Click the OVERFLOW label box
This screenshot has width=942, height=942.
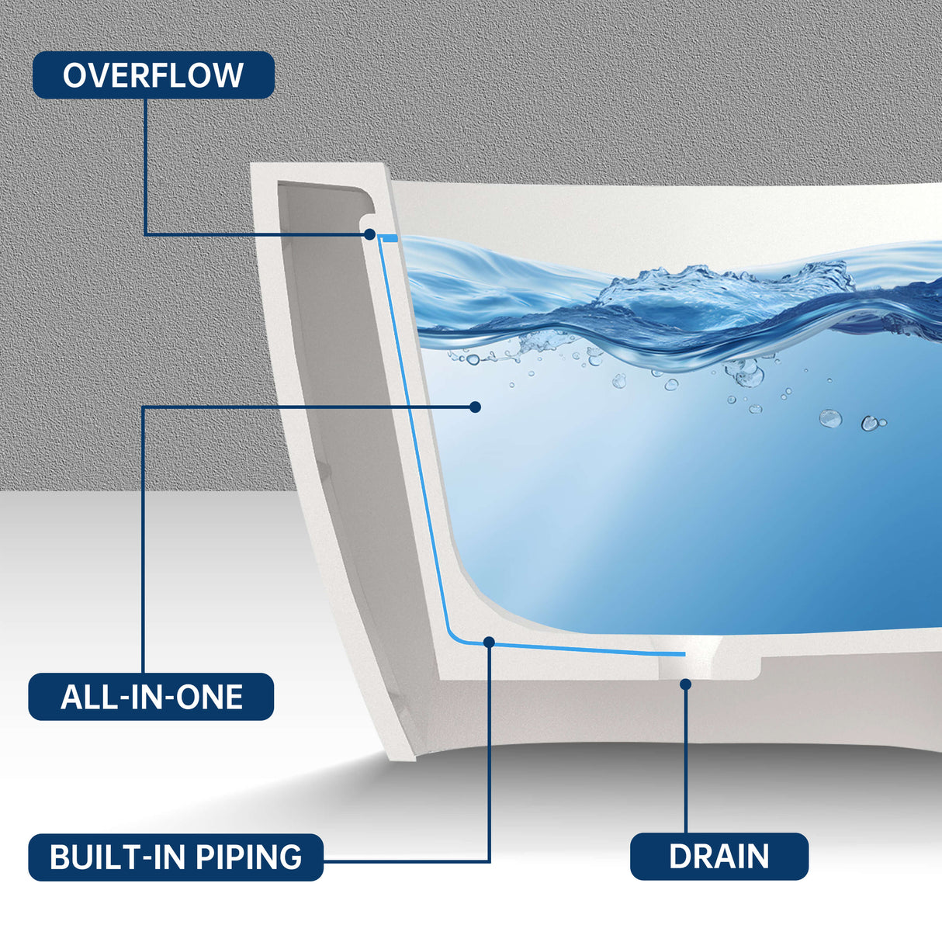pyautogui.click(x=153, y=75)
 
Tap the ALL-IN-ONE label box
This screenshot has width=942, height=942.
pyautogui.click(x=151, y=697)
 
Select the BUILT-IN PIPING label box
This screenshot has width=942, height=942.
pyautogui.click(x=175, y=857)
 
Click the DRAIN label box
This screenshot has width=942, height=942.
pyautogui.click(x=719, y=857)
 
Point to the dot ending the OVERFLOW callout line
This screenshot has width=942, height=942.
pyautogui.click(x=370, y=234)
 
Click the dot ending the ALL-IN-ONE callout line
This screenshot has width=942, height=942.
pyautogui.click(x=476, y=407)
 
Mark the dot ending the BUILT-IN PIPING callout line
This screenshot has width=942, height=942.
pyautogui.click(x=489, y=642)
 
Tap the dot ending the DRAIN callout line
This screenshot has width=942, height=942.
pyautogui.click(x=685, y=684)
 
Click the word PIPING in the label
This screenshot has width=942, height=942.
pyautogui.click(x=248, y=857)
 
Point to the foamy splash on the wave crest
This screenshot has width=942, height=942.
pyautogui.click(x=722, y=283)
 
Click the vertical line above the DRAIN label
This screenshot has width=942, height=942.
pyautogui.click(x=686, y=760)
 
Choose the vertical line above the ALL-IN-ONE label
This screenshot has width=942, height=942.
pyautogui.click(x=144, y=543)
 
